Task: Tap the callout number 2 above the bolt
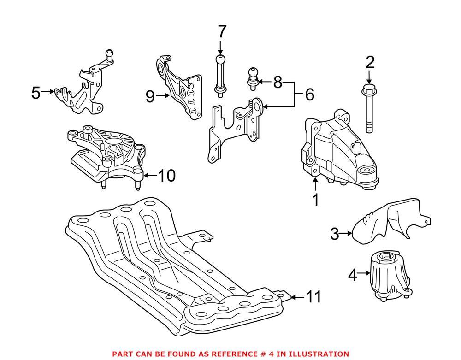coord(370,62)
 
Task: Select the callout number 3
coord(335,234)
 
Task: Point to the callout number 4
coord(352,276)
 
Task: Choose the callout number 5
coord(36,93)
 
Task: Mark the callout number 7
coord(222,32)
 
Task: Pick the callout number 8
coord(277,83)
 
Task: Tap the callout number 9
coord(149,96)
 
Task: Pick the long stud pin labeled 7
coord(220,76)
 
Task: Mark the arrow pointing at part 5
coord(48,92)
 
